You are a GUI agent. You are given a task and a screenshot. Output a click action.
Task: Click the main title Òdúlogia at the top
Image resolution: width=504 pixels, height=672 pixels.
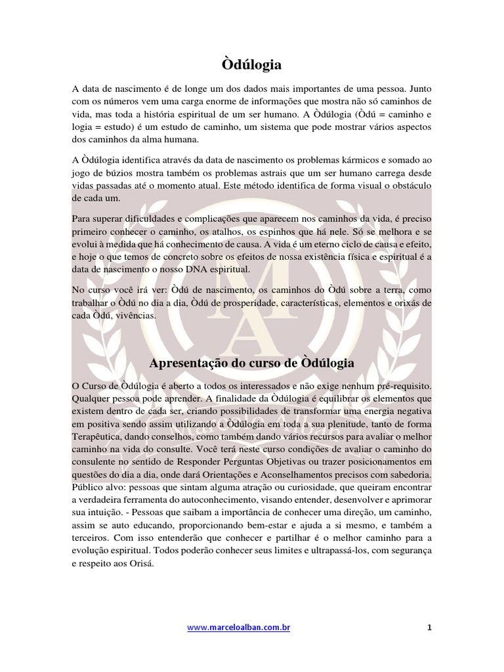[252, 64]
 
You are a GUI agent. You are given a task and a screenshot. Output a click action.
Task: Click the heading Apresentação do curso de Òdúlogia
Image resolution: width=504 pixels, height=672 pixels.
[252, 363]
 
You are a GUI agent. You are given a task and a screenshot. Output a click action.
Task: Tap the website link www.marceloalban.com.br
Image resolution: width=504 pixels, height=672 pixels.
[239, 628]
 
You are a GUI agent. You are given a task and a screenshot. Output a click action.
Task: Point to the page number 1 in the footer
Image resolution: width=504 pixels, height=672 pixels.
[429, 628]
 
